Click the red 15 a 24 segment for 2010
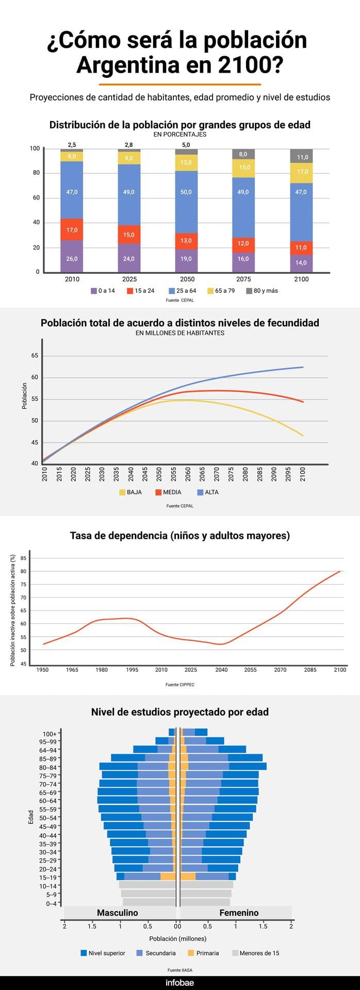pyautogui.click(x=72, y=229)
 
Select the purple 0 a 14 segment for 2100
pyautogui.click(x=301, y=263)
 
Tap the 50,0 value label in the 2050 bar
pyautogui.click(x=186, y=192)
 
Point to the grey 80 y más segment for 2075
pyautogui.click(x=243, y=154)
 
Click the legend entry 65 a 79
pyautogui.click(x=221, y=291)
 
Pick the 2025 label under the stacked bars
pyautogui.click(x=129, y=279)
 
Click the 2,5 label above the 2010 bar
pyautogui.click(x=72, y=145)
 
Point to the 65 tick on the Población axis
pyautogui.click(x=35, y=356)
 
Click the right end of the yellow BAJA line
pyautogui.click(x=303, y=436)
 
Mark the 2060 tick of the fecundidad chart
pyautogui.click(x=188, y=474)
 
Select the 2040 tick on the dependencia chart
pyautogui.click(x=221, y=670)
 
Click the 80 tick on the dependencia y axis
pyautogui.click(x=23, y=571)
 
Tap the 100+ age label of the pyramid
pyautogui.click(x=50, y=734)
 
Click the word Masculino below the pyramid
pyautogui.click(x=118, y=913)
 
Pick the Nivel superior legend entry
pyautogui.click(x=103, y=953)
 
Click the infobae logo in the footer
pyautogui.click(x=179, y=983)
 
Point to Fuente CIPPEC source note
pyautogui.click(x=180, y=685)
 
